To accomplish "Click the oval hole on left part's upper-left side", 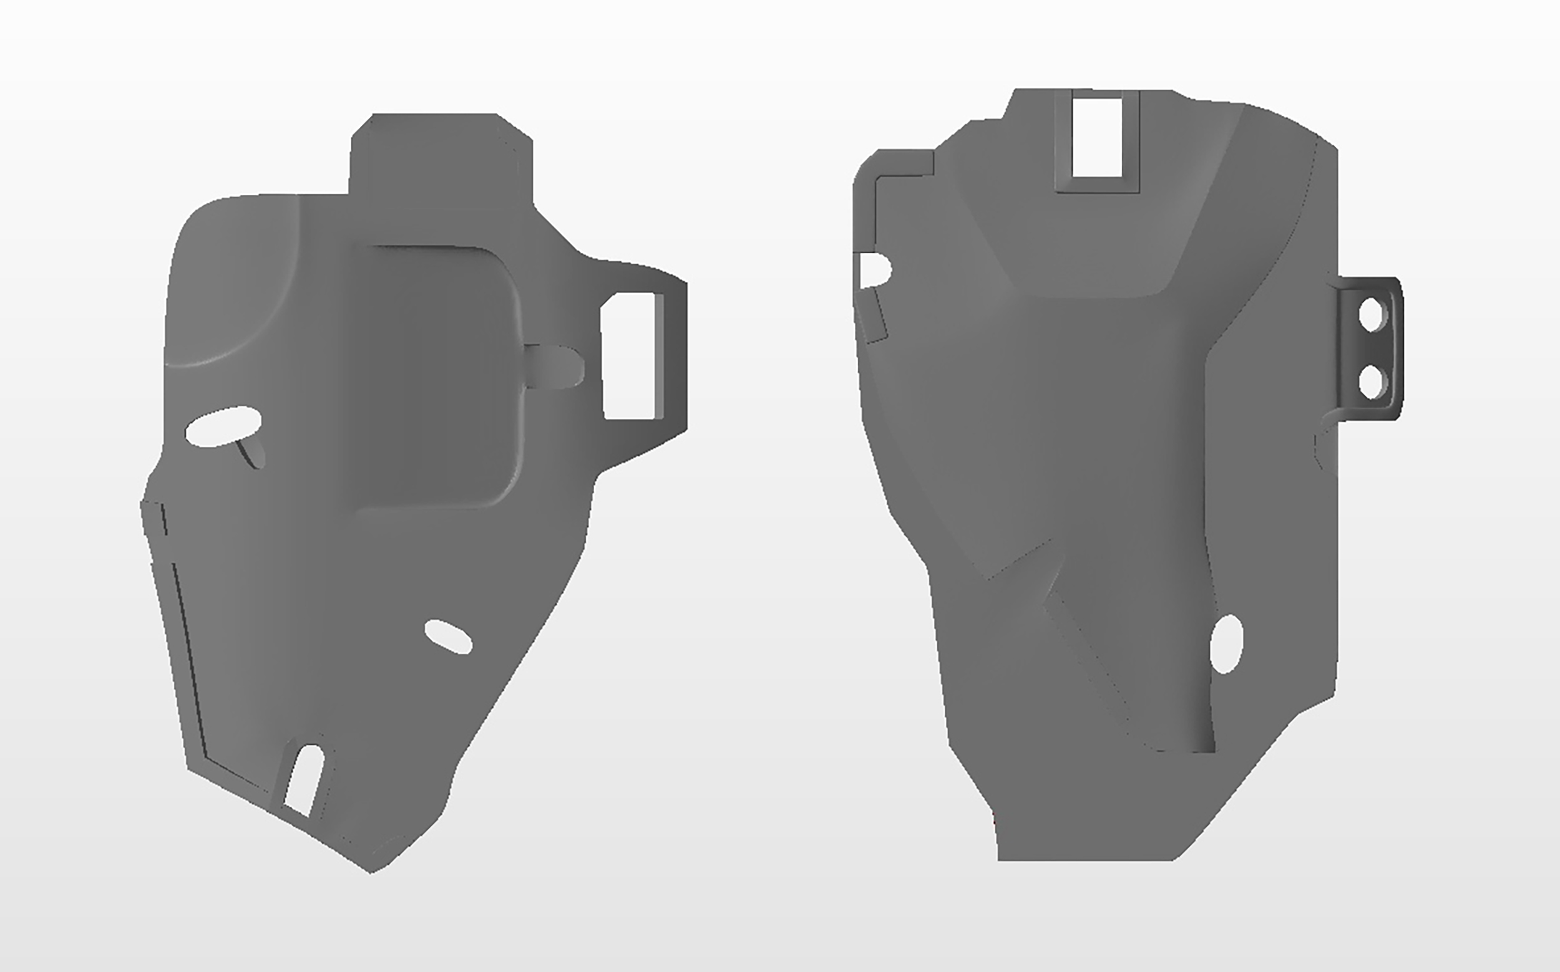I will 223,426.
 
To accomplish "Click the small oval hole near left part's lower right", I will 449,637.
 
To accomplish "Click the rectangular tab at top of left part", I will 441,154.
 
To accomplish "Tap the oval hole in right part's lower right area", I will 1226,644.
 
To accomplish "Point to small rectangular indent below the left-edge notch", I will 875,315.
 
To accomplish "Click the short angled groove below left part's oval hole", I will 252,453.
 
